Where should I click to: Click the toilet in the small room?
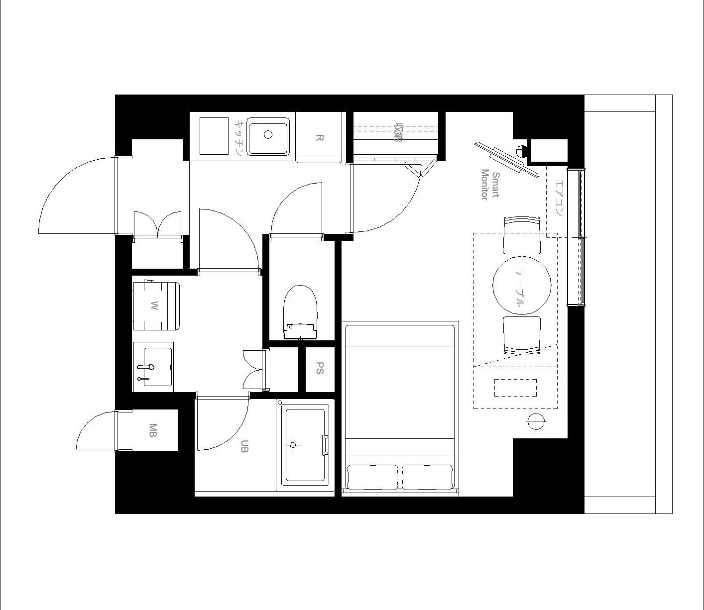[300, 312]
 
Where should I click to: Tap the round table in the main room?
[522, 286]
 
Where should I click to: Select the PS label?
[320, 368]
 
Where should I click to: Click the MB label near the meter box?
[153, 430]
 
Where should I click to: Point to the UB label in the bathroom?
[244, 446]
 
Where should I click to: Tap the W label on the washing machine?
[154, 306]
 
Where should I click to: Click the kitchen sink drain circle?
[268, 134]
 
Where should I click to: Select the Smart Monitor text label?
[490, 184]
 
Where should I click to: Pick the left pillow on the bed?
[372, 477]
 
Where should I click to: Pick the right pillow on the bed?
[428, 477]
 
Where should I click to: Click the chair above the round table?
[522, 235]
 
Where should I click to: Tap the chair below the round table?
[522, 335]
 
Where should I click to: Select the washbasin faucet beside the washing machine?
[145, 367]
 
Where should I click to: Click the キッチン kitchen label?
[239, 137]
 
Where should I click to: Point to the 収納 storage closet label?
[397, 132]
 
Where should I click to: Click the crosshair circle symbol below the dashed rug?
[536, 421]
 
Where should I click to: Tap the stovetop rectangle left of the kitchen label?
[214, 136]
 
